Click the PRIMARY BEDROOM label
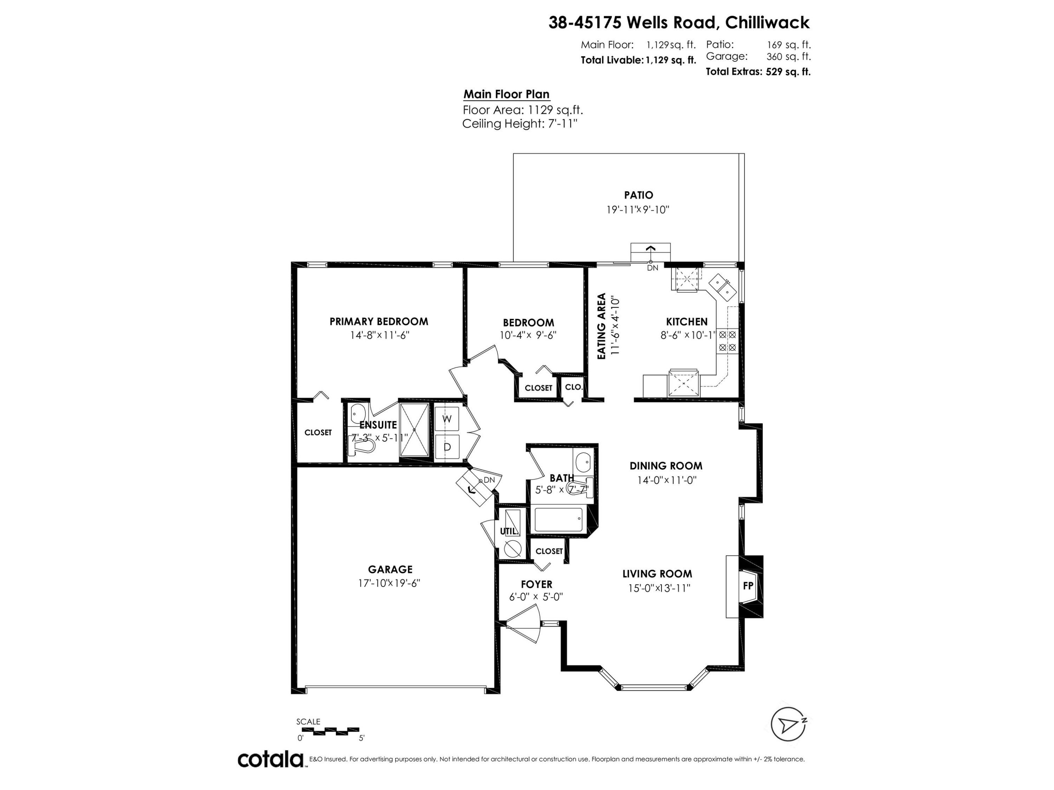point(379,321)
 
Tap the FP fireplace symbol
point(748,586)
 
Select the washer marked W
point(447,419)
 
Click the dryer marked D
point(447,447)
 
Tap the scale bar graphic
point(330,731)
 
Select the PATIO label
point(638,195)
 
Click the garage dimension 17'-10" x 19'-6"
point(389,583)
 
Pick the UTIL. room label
point(509,532)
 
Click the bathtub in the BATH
point(559,520)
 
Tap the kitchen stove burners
point(727,341)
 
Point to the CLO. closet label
point(574,387)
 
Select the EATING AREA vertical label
point(601,326)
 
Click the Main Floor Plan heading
point(507,94)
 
